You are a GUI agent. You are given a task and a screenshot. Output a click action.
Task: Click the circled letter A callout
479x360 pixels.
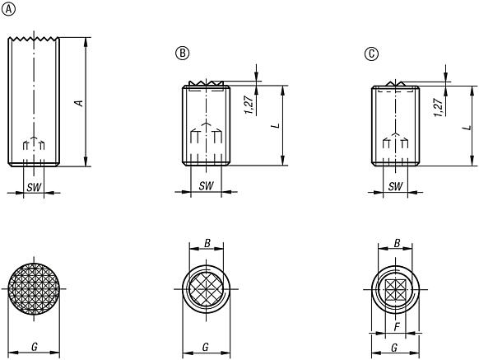pyautogui.click(x=8, y=10)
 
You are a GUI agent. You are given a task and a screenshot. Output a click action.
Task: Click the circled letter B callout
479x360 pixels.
pyautogui.click(x=183, y=54)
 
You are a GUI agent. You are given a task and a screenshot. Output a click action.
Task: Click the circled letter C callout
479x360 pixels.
pyautogui.click(x=371, y=54)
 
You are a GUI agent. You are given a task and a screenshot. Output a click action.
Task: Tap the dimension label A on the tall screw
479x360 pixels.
pyautogui.click(x=80, y=103)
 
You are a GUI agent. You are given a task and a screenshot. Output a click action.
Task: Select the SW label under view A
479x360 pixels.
pyautogui.click(x=34, y=187)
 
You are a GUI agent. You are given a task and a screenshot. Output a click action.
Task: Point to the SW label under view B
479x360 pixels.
pyautogui.click(x=206, y=185)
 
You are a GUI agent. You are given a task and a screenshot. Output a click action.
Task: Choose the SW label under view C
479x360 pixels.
pyautogui.click(x=395, y=186)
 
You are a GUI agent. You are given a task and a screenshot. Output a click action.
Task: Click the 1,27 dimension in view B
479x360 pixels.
pyautogui.click(x=249, y=105)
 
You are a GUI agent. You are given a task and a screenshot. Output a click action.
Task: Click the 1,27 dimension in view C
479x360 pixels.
pyautogui.click(x=439, y=107)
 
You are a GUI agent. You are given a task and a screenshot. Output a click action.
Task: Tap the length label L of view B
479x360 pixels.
pyautogui.click(x=277, y=125)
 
